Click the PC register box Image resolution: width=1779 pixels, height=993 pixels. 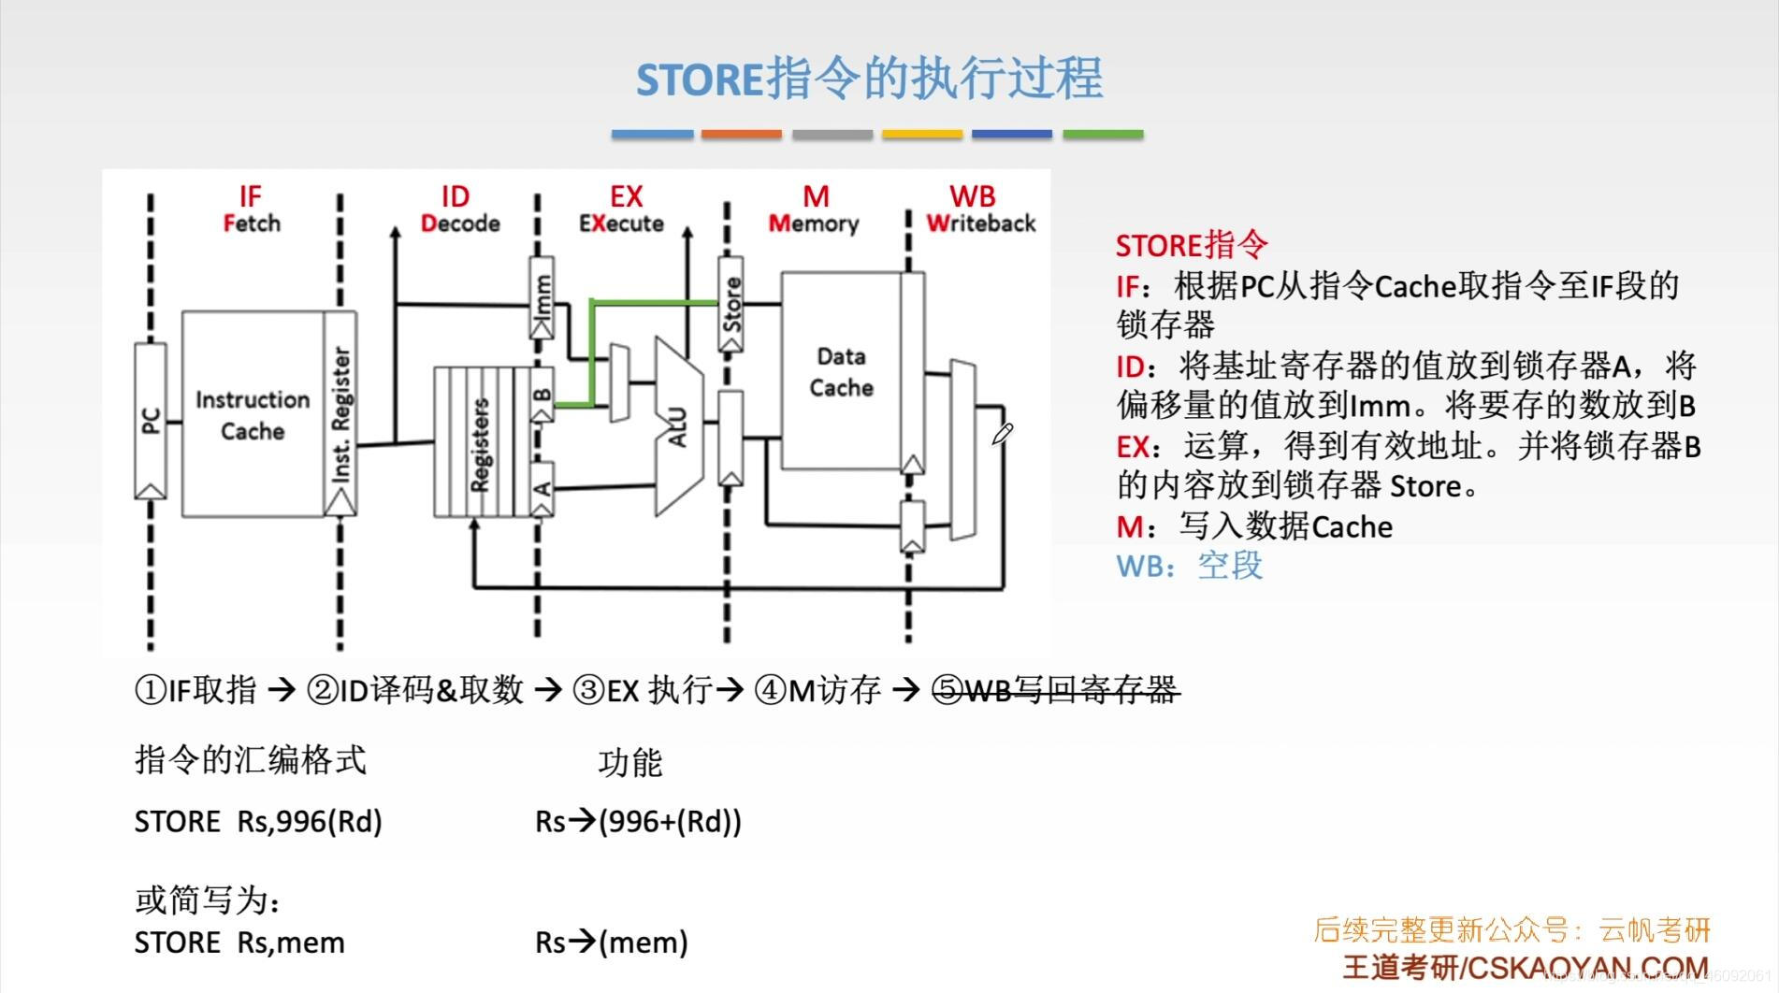pos(151,421)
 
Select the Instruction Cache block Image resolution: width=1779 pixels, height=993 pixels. pos(252,415)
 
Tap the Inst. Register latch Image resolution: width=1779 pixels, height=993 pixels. pos(340,415)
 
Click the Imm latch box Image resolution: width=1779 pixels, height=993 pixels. pos(542,297)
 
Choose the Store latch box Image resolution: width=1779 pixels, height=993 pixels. pos(731,304)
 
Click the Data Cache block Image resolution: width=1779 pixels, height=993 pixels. pos(841,371)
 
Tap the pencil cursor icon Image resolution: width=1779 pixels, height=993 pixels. pos(1002,434)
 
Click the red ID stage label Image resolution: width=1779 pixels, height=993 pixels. pos(455,196)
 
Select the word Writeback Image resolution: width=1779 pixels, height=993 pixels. pos(980,223)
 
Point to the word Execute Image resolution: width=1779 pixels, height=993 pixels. pos(621,223)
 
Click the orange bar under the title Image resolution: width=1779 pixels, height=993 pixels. pos(741,135)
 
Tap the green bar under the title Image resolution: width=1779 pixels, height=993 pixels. pos(1103,135)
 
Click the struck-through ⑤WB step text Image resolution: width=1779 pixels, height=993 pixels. pos(1055,690)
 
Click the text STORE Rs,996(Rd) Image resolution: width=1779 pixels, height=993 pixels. pos(258,821)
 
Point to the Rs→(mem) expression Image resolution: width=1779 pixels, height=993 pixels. pos(611,942)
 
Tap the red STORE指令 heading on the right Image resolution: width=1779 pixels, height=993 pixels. pos(1191,245)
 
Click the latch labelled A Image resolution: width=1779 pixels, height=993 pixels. pos(542,488)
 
